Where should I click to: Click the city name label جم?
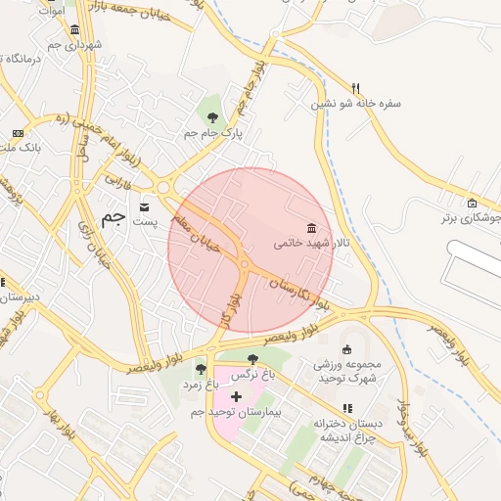pyautogui.click(x=113, y=216)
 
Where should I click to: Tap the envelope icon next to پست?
pyautogui.click(x=145, y=206)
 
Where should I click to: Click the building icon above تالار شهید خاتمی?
pyautogui.click(x=311, y=227)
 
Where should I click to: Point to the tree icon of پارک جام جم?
pyautogui.click(x=212, y=117)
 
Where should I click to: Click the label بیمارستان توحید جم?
pyautogui.click(x=236, y=414)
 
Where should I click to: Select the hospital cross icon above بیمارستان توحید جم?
pyautogui.click(x=235, y=397)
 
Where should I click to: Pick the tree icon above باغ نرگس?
pyautogui.click(x=254, y=360)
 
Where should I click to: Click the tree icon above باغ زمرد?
pyautogui.click(x=201, y=369)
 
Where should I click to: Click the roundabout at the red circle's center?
pyautogui.click(x=244, y=263)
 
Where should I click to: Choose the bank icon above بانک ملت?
pyautogui.click(x=18, y=133)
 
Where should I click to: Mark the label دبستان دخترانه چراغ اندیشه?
pyautogui.click(x=345, y=432)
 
